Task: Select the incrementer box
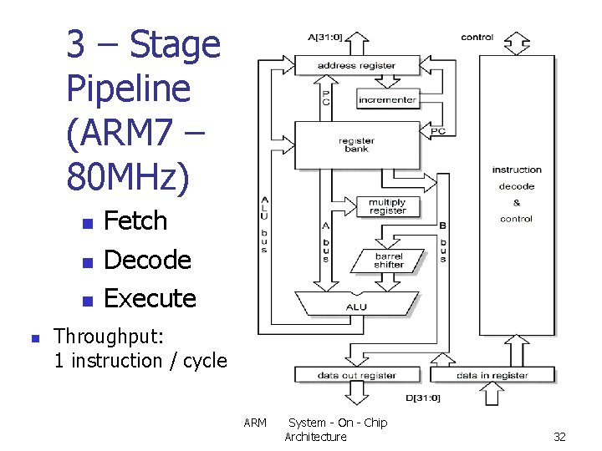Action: (x=387, y=100)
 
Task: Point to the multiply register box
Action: (x=387, y=206)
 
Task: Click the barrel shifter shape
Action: (x=388, y=261)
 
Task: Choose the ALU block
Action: (x=357, y=307)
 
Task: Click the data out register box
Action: (x=357, y=376)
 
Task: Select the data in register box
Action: (x=492, y=376)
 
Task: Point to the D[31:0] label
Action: (x=423, y=398)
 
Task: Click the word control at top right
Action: (x=477, y=37)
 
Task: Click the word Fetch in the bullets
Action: (x=135, y=221)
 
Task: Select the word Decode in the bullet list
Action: (x=147, y=260)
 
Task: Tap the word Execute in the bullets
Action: (x=150, y=298)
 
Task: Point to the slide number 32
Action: (x=559, y=437)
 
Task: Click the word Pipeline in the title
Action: (x=128, y=89)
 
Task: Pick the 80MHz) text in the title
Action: (x=129, y=175)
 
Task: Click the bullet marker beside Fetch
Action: (x=84, y=224)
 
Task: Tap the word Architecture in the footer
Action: (x=315, y=437)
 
